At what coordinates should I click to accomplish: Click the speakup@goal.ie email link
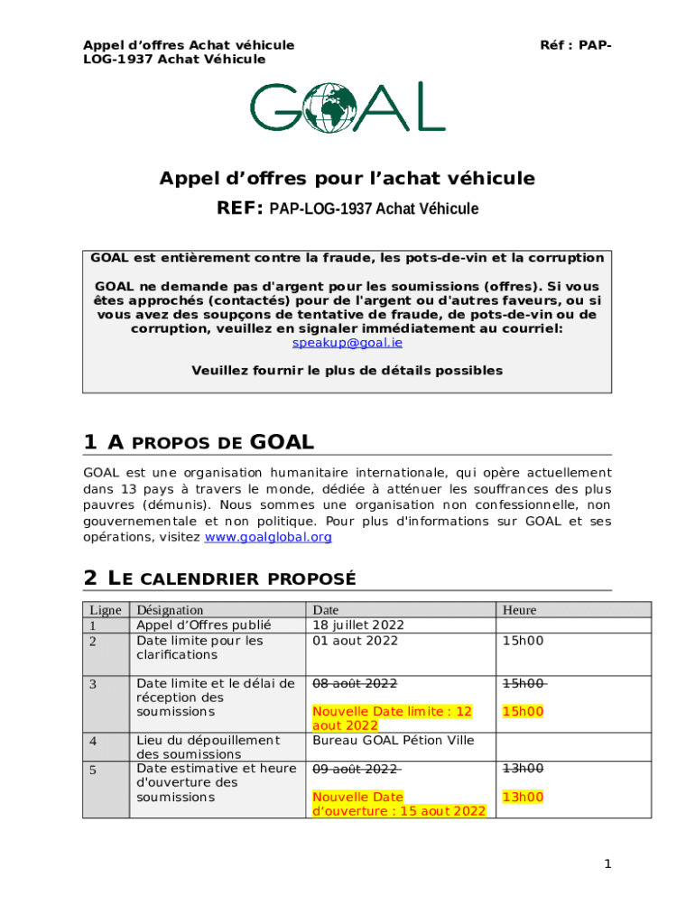[x=347, y=343]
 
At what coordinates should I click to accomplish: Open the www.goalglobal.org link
[x=268, y=537]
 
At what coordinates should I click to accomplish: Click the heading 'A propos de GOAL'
[x=199, y=442]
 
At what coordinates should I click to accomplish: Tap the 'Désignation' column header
[x=170, y=610]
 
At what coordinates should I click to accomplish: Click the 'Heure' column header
[x=520, y=610]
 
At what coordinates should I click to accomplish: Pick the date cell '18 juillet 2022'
[x=358, y=625]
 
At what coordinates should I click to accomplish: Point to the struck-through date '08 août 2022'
[x=355, y=683]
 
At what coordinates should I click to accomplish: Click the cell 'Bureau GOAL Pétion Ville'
[x=394, y=741]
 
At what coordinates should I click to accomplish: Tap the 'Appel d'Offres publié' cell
[x=203, y=625]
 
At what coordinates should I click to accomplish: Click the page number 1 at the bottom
[x=608, y=864]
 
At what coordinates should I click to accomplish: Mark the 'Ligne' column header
[x=105, y=610]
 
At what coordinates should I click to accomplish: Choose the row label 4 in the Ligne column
[x=93, y=741]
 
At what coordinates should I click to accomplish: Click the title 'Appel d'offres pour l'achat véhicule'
[x=347, y=179]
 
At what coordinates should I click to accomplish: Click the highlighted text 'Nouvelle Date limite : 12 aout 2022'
[x=392, y=718]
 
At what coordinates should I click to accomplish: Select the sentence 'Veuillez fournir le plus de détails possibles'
[x=347, y=371]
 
